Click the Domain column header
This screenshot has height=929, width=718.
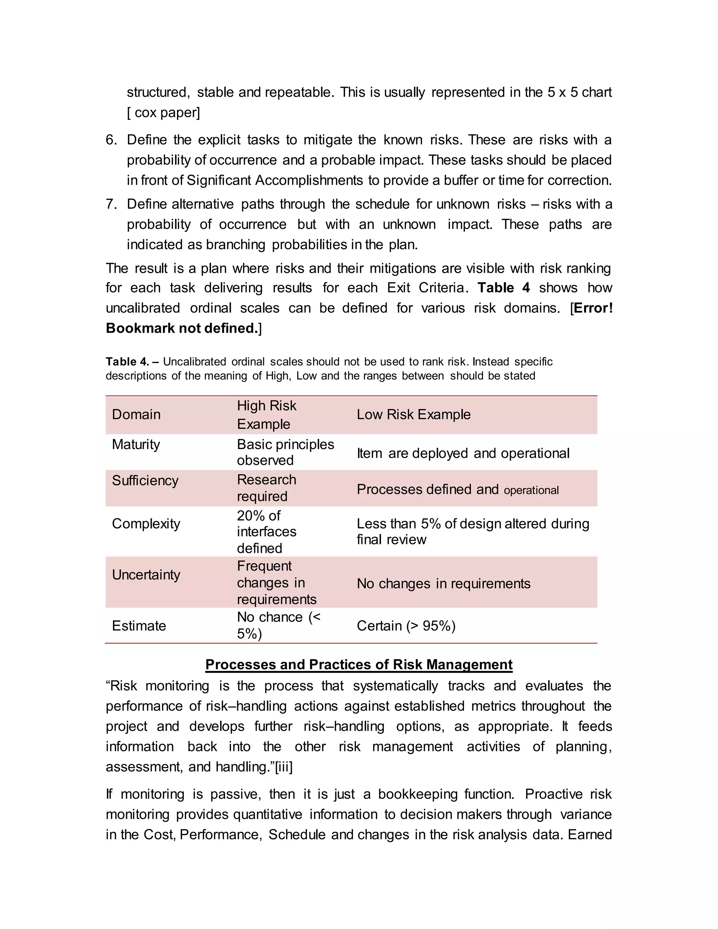(x=136, y=414)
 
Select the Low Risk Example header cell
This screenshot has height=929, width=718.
(x=413, y=414)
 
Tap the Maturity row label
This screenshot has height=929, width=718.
(x=136, y=445)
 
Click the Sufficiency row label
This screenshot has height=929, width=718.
(x=145, y=481)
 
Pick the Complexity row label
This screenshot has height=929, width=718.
(x=146, y=524)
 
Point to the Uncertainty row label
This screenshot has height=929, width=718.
(x=146, y=575)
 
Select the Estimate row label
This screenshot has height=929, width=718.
(x=139, y=626)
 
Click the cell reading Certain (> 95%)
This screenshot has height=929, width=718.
(x=406, y=626)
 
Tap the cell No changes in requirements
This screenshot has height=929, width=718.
(x=443, y=584)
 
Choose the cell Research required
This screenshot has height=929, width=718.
(x=266, y=488)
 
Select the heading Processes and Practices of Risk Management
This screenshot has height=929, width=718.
(x=359, y=664)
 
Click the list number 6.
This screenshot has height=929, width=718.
(x=111, y=140)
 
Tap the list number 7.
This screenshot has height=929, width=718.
(x=111, y=204)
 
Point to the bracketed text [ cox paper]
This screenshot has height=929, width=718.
(x=163, y=113)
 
